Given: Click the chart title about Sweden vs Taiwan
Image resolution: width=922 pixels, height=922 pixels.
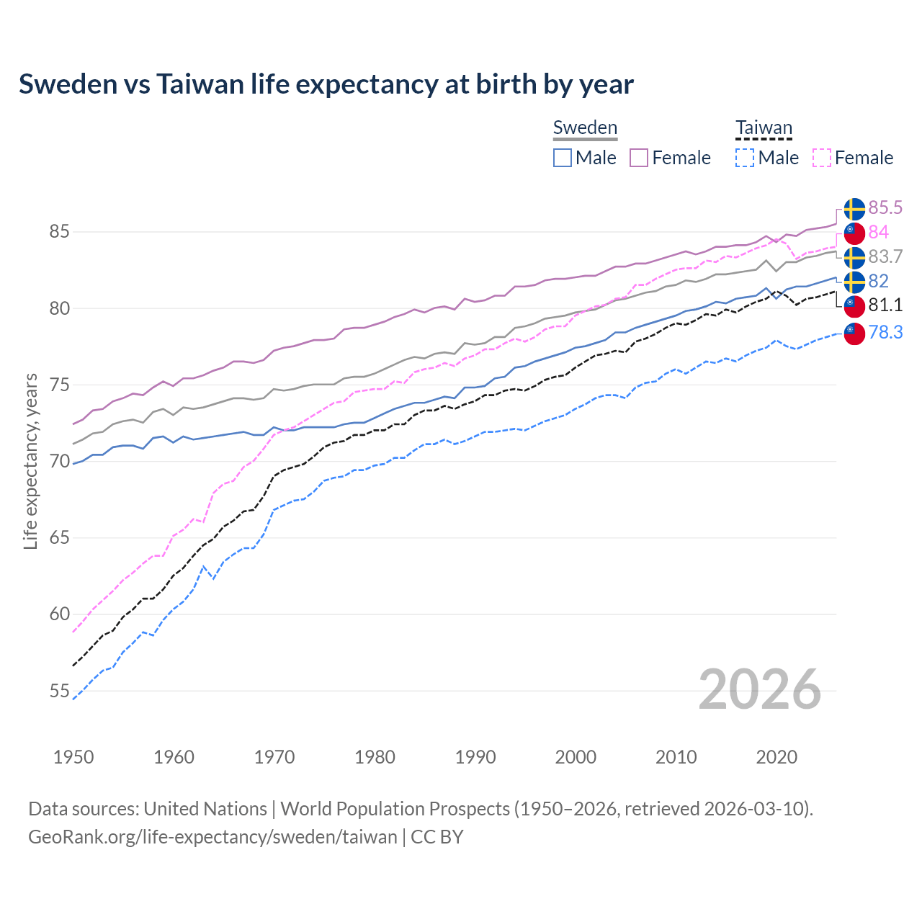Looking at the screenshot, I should (326, 84).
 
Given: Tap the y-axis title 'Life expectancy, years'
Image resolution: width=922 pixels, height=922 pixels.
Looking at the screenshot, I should (30, 461).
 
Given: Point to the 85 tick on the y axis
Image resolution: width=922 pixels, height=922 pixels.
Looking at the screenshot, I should (59, 232).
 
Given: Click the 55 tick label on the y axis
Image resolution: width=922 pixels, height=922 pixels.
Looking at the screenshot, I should (59, 691).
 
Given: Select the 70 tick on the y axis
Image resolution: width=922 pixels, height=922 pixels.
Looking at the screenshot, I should (59, 461).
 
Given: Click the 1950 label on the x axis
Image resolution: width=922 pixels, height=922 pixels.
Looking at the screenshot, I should (73, 757).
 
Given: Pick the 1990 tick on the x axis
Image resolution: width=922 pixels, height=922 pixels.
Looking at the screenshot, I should (475, 757).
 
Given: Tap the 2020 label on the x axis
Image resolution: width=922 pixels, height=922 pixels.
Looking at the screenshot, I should (776, 757).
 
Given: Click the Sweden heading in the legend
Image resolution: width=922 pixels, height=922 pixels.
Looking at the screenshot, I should (585, 127).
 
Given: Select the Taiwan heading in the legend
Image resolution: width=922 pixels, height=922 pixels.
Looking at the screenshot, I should (764, 127).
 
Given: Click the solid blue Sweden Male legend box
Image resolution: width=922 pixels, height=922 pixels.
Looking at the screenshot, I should (563, 158).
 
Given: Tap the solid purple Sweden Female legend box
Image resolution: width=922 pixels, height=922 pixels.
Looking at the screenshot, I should (639, 158).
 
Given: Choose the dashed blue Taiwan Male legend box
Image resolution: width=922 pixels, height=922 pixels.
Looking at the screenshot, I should (745, 158).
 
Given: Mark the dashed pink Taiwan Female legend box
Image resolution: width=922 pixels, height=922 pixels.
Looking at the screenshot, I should (822, 158).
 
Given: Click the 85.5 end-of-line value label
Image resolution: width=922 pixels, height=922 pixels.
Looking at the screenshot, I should (885, 208).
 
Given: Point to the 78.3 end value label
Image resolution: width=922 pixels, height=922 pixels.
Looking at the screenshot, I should (885, 332).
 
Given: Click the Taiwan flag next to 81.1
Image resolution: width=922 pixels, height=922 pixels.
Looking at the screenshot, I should (854, 306).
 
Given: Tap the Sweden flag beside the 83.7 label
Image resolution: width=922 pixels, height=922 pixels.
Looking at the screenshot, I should (854, 257).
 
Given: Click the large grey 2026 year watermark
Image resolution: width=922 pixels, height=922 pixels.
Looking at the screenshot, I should (759, 689).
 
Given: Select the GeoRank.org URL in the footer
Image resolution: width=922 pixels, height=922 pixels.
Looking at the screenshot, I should (212, 837).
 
